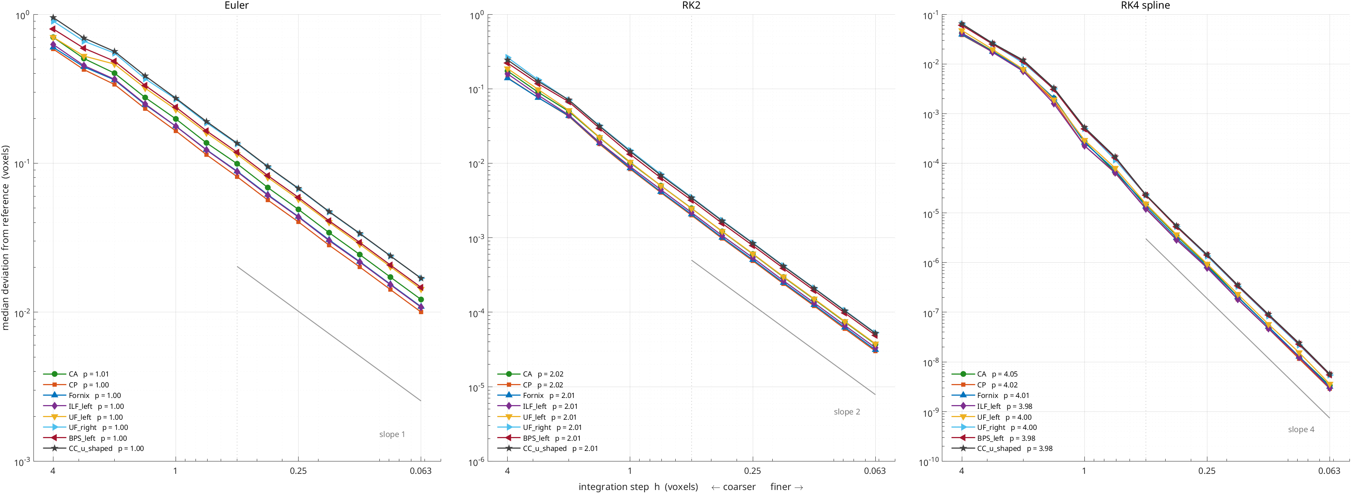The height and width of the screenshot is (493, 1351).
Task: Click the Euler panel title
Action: point(237,6)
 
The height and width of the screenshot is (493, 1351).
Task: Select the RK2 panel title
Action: point(691,6)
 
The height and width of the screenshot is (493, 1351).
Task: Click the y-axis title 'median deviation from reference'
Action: point(6,237)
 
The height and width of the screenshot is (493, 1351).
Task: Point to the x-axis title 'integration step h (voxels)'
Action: point(638,487)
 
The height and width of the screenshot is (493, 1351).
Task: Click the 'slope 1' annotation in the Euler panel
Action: point(392,434)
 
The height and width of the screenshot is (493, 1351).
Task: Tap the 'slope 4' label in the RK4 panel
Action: point(1301,429)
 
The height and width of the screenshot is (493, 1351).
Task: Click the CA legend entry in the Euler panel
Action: point(76,374)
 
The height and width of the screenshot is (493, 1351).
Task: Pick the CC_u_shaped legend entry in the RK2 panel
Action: point(547,448)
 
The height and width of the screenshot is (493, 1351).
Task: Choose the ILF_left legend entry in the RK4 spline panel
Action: point(992,406)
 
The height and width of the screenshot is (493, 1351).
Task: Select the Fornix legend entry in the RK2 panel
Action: point(536,396)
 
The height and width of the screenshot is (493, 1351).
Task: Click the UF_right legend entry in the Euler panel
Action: point(85,428)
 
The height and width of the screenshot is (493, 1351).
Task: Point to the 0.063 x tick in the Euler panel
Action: point(421,471)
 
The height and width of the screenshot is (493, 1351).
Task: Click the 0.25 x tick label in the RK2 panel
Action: point(753,471)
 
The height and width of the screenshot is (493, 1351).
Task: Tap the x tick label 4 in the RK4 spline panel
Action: point(961,471)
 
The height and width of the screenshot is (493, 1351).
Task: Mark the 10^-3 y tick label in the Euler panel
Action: point(23,461)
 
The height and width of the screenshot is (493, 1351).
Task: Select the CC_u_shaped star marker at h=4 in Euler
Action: point(53,18)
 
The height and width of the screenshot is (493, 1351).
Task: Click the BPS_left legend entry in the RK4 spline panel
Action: point(993,438)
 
